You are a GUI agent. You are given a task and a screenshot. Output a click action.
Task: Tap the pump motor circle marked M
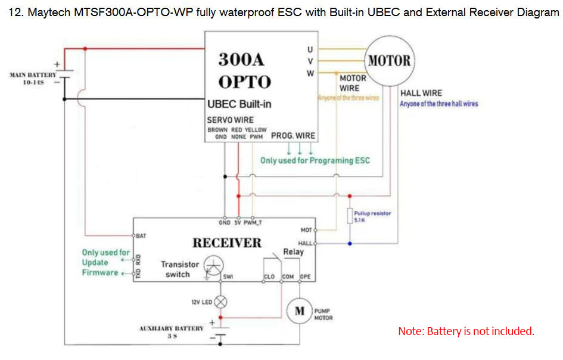tap(300, 311)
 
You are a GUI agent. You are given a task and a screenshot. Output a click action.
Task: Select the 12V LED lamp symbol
tap(220, 302)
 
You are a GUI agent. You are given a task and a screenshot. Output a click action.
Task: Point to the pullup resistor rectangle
tap(350, 216)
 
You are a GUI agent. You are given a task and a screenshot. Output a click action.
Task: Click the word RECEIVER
tap(226, 243)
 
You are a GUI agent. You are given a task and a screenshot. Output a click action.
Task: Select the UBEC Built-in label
tap(239, 104)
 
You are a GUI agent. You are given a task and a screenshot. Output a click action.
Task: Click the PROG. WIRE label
tap(293, 136)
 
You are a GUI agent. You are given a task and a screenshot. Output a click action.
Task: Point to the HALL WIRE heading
tap(421, 93)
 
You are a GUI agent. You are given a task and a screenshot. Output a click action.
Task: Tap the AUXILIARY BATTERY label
tap(172, 328)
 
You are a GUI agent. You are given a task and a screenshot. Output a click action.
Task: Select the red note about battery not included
tap(466, 331)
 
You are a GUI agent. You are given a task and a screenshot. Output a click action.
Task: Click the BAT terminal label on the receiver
tap(141, 236)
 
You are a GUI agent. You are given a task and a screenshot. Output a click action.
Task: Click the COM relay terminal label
tap(288, 277)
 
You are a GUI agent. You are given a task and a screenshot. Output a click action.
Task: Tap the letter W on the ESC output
tap(310, 73)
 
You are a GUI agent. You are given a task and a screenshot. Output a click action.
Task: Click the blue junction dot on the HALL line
tap(350, 243)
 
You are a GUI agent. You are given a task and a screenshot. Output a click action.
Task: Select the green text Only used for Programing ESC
tap(315, 160)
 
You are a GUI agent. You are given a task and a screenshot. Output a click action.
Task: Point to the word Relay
tap(293, 252)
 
